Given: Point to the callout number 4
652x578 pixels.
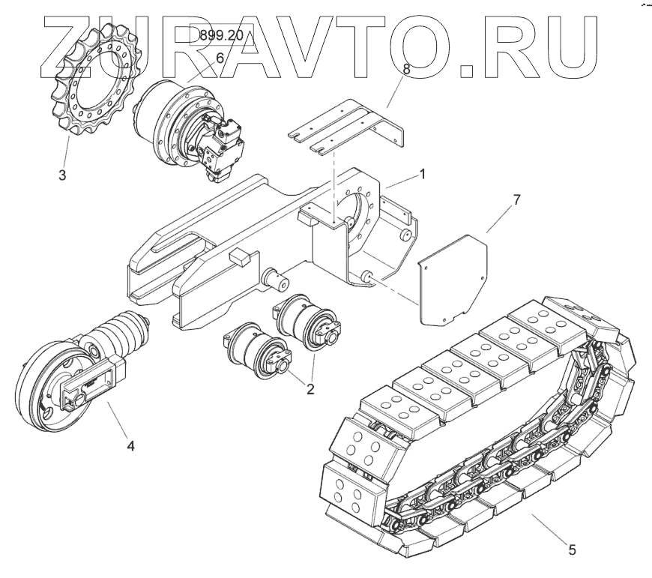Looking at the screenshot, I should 130,445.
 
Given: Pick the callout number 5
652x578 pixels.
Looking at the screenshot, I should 572,550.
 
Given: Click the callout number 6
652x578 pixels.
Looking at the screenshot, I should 220,58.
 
